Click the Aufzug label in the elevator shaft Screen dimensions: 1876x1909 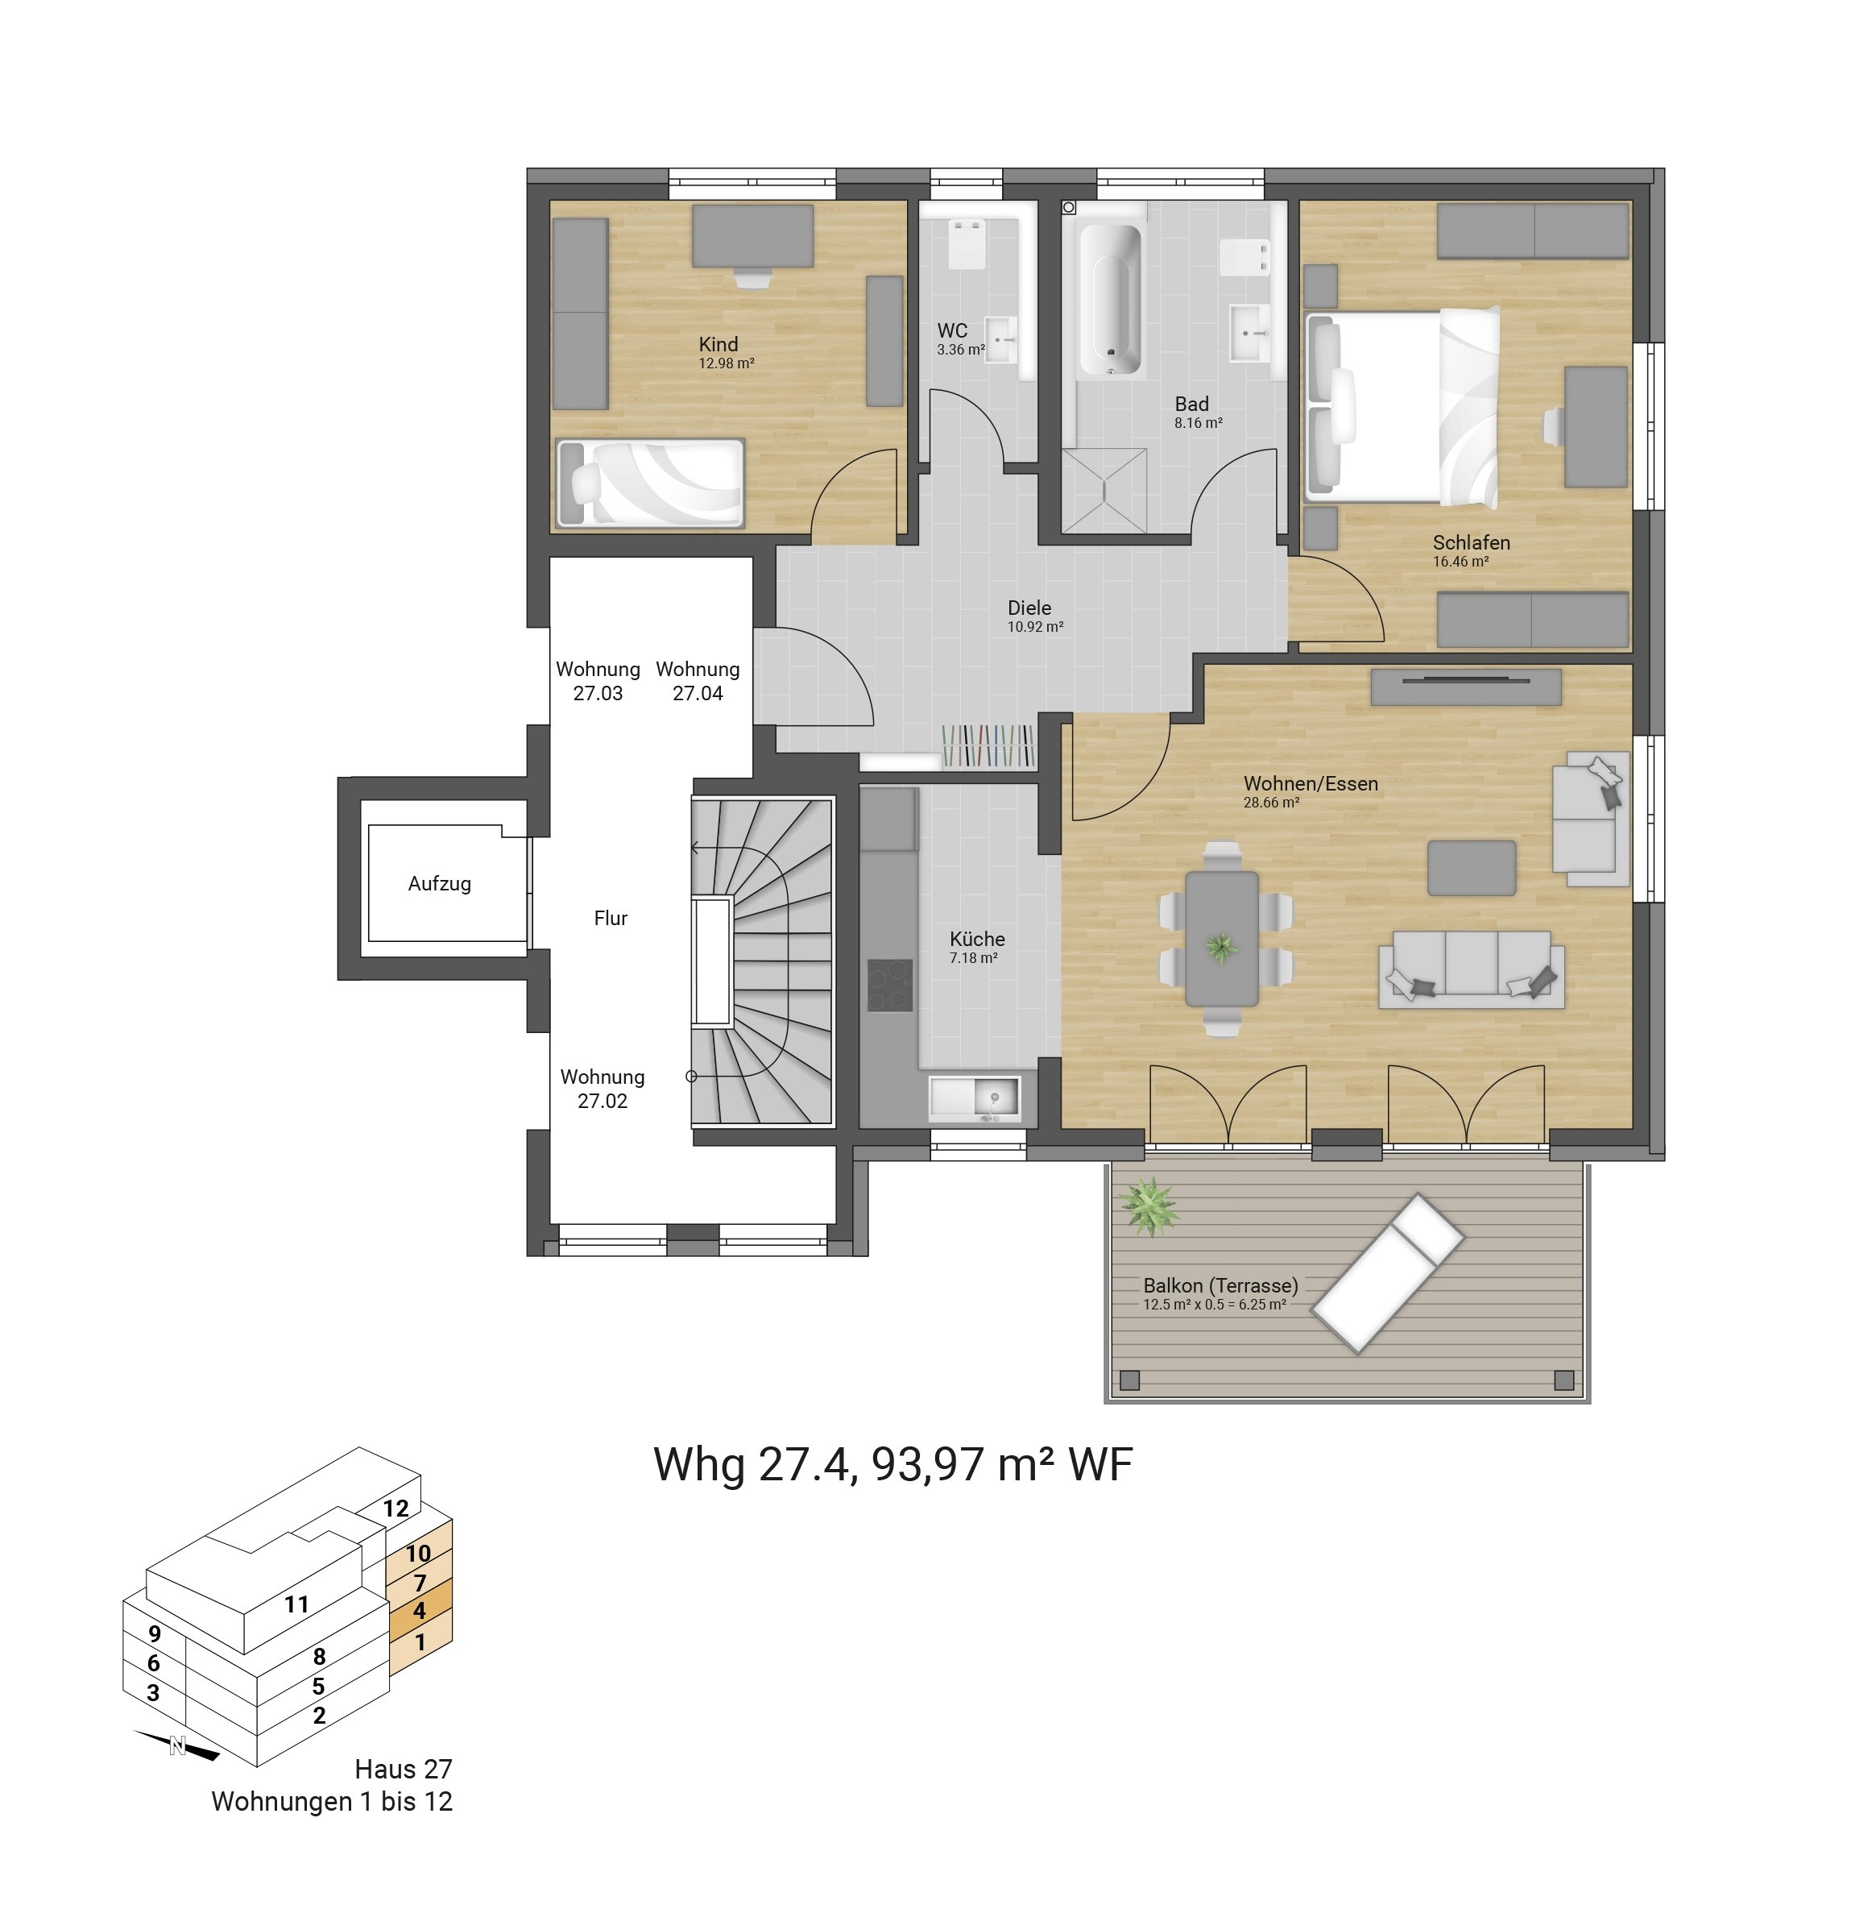440,884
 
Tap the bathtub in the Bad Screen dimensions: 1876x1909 1111,301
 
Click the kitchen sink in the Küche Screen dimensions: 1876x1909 975,1099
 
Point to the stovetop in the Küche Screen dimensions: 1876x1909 891,986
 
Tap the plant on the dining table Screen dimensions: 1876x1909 1222,949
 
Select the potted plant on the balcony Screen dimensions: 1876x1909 1149,1206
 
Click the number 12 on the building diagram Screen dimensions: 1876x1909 396,1508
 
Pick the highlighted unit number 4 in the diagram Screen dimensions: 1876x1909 420,1610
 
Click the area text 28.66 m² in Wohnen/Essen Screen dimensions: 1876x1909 1271,803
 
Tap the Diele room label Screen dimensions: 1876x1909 1029,608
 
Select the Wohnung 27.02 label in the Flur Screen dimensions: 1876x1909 602,1089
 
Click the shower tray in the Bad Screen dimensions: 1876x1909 1104,490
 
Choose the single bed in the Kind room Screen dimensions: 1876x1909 650,483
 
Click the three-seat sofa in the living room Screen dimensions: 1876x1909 1471,969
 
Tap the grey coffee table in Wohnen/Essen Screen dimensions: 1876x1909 1471,867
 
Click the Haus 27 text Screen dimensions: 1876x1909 403,1769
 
